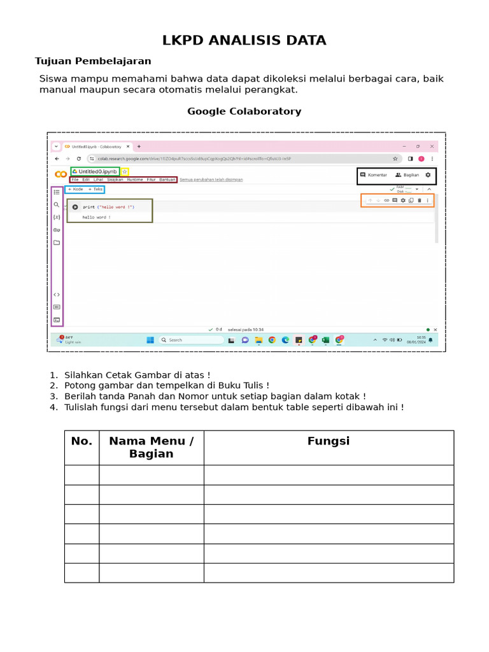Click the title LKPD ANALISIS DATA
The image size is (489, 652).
coord(244,41)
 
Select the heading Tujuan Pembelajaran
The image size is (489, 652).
coord(93,61)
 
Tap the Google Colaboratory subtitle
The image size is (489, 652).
coord(244,111)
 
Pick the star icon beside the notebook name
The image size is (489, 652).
coord(125,172)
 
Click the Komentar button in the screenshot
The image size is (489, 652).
coord(374,174)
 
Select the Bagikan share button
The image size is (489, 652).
coord(407,174)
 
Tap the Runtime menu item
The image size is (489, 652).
coord(135,180)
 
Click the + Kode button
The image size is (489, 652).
coord(76,189)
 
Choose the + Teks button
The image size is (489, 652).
coord(95,189)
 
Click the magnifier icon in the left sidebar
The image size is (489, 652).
coord(57,205)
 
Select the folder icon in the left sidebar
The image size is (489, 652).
coord(57,243)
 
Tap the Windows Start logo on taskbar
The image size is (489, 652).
coord(150,340)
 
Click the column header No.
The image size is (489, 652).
coord(81,441)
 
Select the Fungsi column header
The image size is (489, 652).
coord(329,441)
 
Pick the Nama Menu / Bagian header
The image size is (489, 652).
coord(152,448)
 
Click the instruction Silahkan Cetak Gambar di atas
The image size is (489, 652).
coord(137,375)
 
